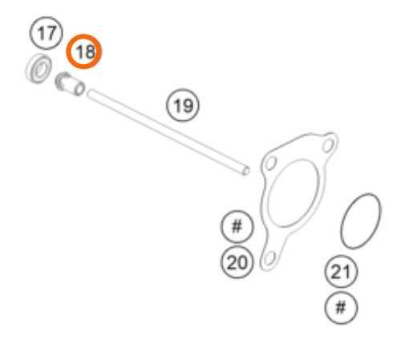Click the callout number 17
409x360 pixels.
pyautogui.click(x=47, y=33)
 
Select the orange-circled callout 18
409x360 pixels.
pyautogui.click(x=84, y=51)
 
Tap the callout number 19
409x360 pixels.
pyautogui.click(x=183, y=105)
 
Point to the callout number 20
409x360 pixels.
pyautogui.click(x=237, y=262)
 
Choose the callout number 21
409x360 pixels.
pyautogui.click(x=341, y=272)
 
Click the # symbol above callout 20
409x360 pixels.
pyautogui.click(x=237, y=227)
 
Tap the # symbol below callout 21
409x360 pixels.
pyautogui.click(x=341, y=308)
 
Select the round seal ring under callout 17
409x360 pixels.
pyautogui.click(x=38, y=68)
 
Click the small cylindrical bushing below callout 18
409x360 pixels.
pyautogui.click(x=70, y=84)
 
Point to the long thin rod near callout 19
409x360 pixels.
pyautogui.click(x=168, y=132)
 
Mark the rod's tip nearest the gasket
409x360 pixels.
pyautogui.click(x=246, y=171)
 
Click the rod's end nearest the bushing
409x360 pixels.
pyautogui.click(x=90, y=94)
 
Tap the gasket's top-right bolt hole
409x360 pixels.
pyautogui.click(x=328, y=145)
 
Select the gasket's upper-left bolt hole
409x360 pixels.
pyautogui.click(x=271, y=163)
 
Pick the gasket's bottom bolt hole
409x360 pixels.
pyautogui.click(x=269, y=258)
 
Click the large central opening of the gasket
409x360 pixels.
pyautogui.click(x=294, y=193)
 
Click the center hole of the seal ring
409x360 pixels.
pyautogui.click(x=40, y=70)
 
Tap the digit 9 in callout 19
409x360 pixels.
pyautogui.click(x=188, y=106)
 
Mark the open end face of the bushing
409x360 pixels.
pyautogui.click(x=79, y=89)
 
